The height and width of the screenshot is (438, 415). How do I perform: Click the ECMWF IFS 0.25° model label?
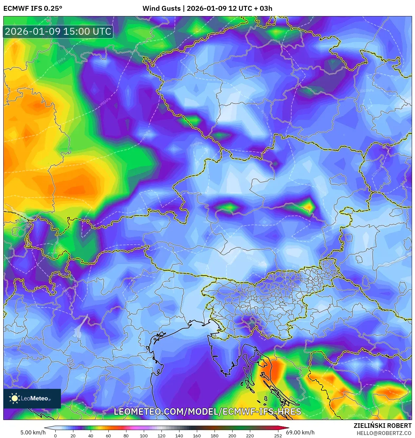click(32, 9)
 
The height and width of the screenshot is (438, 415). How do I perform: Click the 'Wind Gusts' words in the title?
click(161, 9)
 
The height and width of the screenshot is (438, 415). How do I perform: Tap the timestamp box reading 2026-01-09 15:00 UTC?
click(58, 31)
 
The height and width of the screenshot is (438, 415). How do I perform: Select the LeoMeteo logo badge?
click(32, 398)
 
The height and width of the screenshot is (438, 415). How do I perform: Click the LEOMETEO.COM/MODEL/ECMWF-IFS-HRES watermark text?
click(207, 412)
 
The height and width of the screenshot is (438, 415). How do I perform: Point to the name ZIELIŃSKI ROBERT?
click(382, 426)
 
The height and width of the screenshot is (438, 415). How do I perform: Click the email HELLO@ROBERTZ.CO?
click(384, 433)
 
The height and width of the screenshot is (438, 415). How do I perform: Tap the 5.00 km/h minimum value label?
click(33, 432)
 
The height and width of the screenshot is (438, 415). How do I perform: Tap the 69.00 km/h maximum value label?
click(300, 432)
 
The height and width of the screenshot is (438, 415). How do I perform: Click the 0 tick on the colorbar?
click(55, 436)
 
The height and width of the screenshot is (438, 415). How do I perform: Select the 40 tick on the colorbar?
click(91, 436)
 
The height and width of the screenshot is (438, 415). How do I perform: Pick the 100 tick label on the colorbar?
click(144, 436)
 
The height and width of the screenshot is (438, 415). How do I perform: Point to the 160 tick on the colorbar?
click(197, 436)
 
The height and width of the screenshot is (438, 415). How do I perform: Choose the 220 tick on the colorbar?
click(250, 436)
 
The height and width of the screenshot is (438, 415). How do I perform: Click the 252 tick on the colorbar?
click(278, 436)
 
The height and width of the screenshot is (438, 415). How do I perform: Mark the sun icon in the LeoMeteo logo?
click(14, 398)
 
